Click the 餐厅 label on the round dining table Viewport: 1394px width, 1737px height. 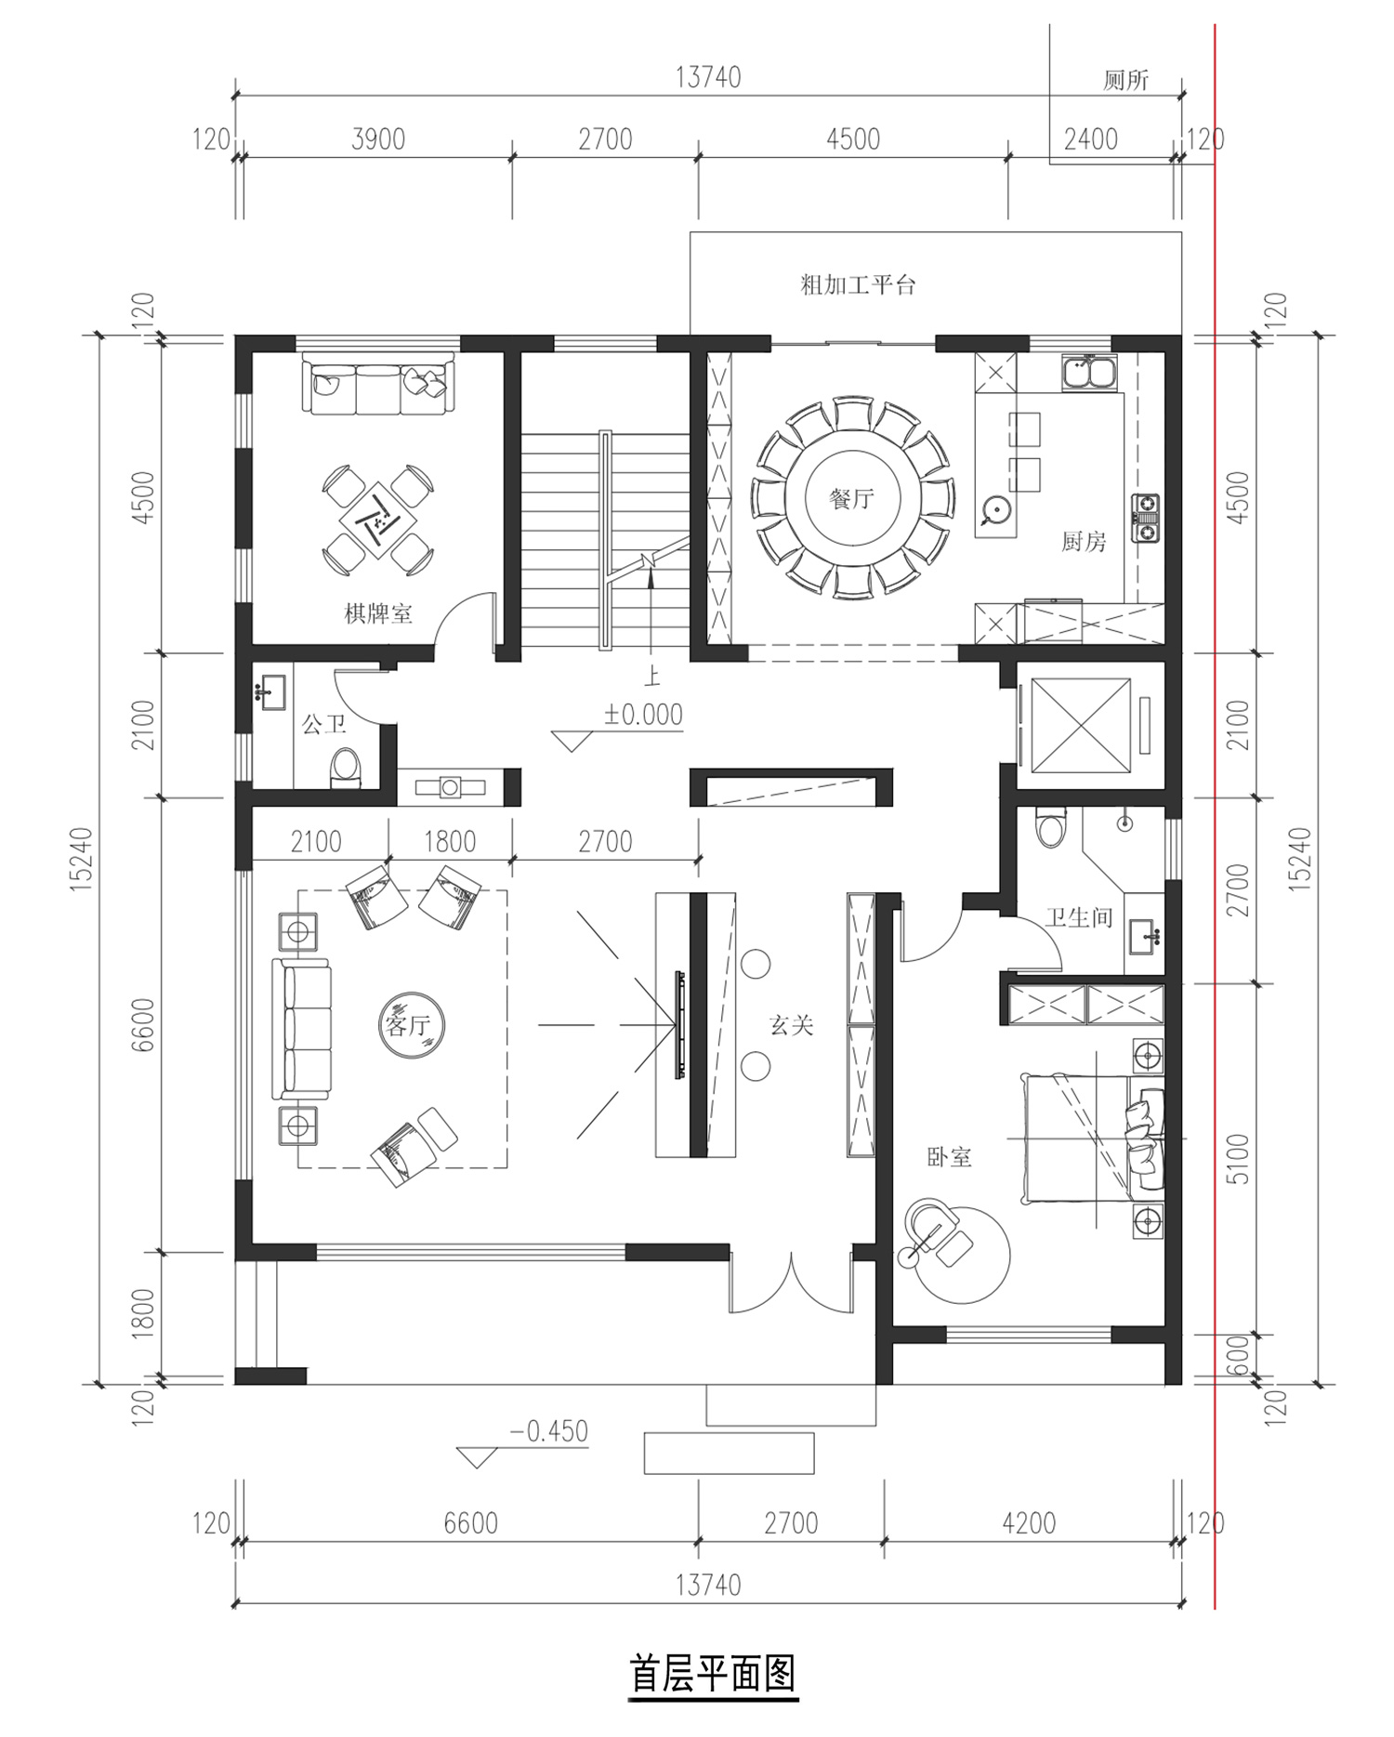point(851,499)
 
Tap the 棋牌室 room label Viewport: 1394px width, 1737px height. point(378,614)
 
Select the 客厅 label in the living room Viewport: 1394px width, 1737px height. point(407,1025)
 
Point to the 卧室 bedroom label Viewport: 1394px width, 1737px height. point(949,1157)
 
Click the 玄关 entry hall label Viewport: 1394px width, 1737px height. point(792,1025)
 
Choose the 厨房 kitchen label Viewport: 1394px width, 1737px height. point(1084,541)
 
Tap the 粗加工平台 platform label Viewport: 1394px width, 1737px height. point(858,284)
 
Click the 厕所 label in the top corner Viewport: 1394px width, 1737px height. point(1126,80)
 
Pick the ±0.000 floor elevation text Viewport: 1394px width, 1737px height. point(643,715)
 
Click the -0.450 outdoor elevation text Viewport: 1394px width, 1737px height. point(548,1430)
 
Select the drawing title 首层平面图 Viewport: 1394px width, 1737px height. point(713,1674)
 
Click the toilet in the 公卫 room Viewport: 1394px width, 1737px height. point(345,768)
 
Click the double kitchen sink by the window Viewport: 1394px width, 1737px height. point(1088,373)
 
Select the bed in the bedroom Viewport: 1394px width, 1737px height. point(1093,1138)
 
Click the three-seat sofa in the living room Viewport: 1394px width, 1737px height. point(301,1029)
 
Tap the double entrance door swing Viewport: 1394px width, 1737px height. point(791,1282)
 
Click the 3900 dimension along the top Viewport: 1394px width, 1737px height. point(378,139)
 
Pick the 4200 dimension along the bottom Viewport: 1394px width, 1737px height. point(1030,1523)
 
